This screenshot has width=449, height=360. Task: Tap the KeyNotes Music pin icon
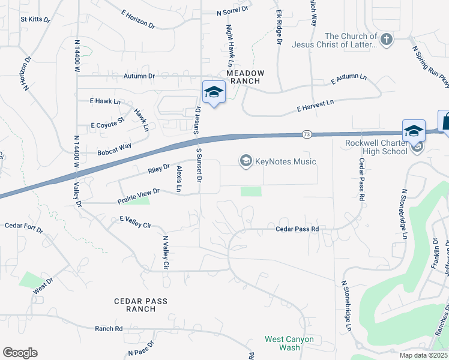[x=246, y=161]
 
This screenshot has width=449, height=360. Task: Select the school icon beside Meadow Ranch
[x=213, y=92]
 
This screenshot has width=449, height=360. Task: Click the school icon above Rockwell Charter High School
[x=414, y=131]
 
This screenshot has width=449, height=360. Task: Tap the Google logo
[x=20, y=353]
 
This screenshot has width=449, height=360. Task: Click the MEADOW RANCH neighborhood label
[x=245, y=77]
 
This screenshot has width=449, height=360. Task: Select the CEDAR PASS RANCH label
[x=141, y=305]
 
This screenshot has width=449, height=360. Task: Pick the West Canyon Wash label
[x=291, y=343]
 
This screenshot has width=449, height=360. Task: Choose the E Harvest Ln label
[x=315, y=106]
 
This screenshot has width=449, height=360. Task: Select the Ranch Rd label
[x=109, y=329]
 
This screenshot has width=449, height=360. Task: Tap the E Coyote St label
[x=107, y=125]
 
